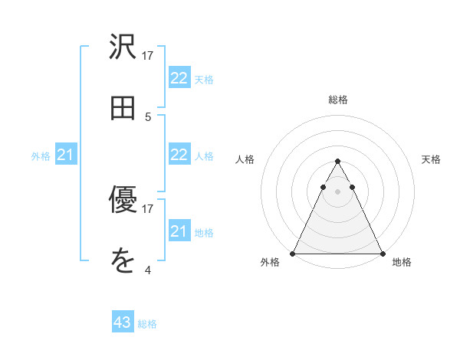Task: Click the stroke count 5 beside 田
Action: (x=148, y=117)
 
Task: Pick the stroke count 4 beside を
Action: (x=148, y=270)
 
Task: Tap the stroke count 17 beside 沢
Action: (x=148, y=56)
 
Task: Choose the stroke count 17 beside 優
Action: (x=148, y=208)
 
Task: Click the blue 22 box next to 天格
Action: (x=179, y=78)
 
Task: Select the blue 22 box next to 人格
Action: (x=179, y=155)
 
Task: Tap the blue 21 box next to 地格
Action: (x=179, y=231)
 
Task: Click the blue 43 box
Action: (x=123, y=322)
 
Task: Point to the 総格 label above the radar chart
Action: (x=337, y=100)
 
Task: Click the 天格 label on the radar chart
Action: (x=431, y=159)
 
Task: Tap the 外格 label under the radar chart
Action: (x=270, y=263)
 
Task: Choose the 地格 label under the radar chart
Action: (x=402, y=263)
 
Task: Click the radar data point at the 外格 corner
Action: (x=293, y=253)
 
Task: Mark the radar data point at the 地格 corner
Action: (x=382, y=253)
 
